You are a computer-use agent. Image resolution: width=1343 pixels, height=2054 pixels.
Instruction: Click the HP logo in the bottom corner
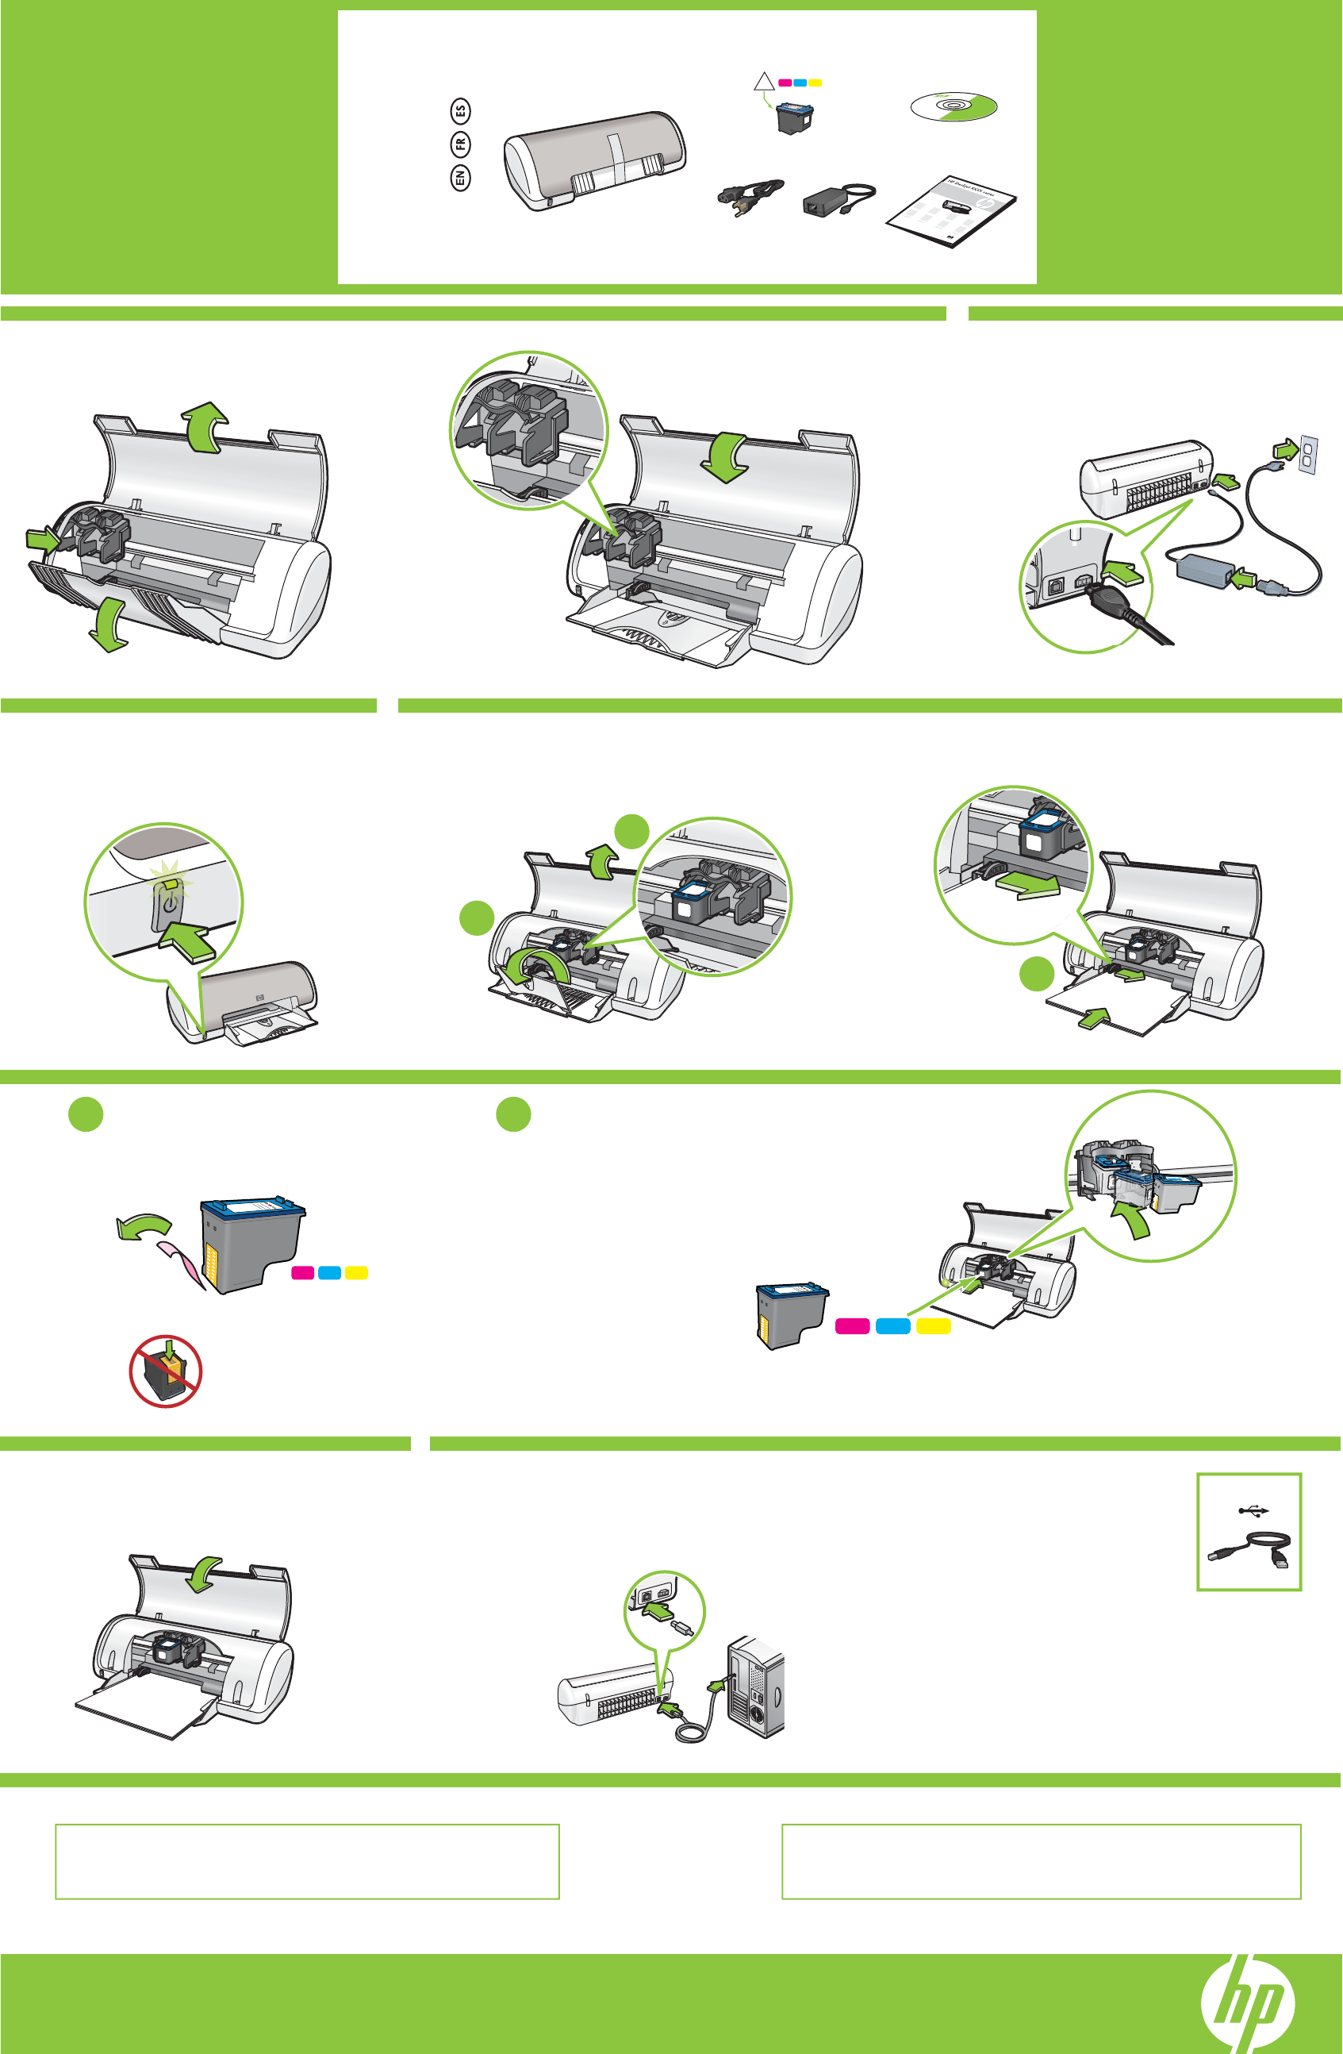pyautogui.click(x=1248, y=2003)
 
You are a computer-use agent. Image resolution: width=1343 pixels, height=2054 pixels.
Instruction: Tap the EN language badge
pyautogui.click(x=461, y=179)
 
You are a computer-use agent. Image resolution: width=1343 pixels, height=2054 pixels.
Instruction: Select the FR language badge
pyautogui.click(x=461, y=144)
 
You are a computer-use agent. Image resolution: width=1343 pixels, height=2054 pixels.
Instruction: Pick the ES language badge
pyautogui.click(x=461, y=110)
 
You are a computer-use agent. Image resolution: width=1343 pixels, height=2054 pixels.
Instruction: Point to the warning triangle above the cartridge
pyautogui.click(x=764, y=82)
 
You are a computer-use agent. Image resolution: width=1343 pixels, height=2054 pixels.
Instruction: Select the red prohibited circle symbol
pyautogui.click(x=166, y=1371)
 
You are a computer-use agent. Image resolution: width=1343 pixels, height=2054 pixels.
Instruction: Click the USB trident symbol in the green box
pyautogui.click(x=1253, y=1510)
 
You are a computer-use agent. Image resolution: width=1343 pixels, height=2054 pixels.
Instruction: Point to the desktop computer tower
pyautogui.click(x=757, y=1688)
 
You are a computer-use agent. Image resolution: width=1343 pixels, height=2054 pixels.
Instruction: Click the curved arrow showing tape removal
pyautogui.click(x=144, y=1225)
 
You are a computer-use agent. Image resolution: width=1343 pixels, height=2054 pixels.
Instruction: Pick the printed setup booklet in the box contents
pyautogui.click(x=951, y=212)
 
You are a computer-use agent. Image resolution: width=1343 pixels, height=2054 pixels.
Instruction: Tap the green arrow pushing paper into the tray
pyautogui.click(x=1094, y=1019)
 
